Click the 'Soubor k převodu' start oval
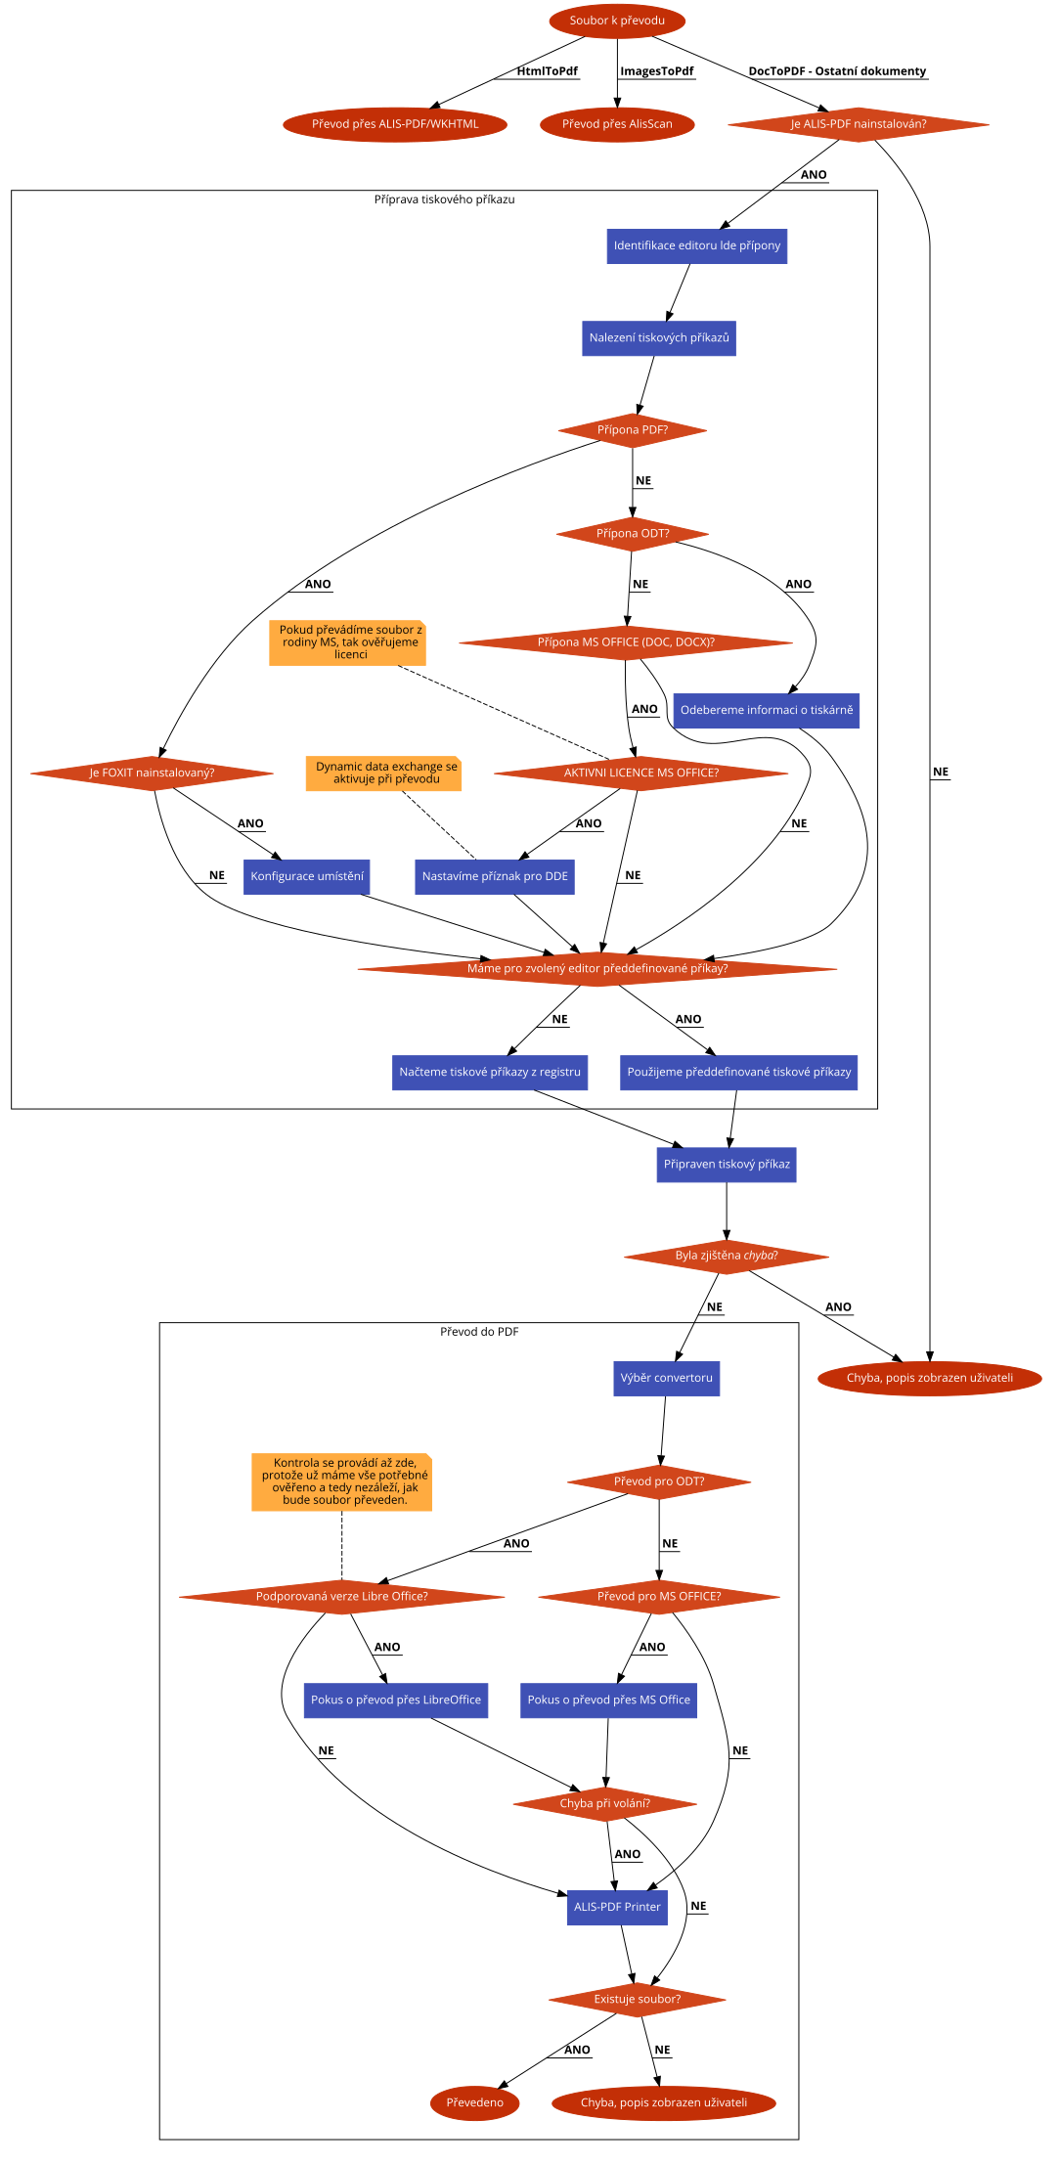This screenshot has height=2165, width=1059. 617,21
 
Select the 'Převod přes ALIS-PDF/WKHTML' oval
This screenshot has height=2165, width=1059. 395,124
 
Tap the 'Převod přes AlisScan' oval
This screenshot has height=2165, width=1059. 617,124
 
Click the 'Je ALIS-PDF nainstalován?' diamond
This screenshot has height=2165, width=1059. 858,124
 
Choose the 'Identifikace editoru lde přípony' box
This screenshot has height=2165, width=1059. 696,245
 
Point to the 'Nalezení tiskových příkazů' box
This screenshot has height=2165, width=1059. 658,338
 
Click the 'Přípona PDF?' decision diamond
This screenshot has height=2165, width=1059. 632,430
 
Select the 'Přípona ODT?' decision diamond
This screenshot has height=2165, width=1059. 632,534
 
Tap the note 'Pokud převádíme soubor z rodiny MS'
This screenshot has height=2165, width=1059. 347,642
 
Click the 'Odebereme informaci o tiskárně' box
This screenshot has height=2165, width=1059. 766,711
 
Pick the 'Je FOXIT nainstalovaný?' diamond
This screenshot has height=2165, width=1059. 152,773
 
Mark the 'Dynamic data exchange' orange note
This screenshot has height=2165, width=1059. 383,773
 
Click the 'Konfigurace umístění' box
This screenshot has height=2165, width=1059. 306,877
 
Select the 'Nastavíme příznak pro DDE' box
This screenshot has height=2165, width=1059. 494,877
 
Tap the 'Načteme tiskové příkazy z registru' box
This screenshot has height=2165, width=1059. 489,1073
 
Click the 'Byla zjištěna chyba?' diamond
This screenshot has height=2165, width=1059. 726,1257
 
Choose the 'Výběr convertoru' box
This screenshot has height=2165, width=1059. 666,1378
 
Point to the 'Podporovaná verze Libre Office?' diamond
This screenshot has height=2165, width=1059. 341,1597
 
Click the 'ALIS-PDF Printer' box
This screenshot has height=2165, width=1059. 616,1907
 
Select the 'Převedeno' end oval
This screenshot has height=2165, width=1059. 474,2102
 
